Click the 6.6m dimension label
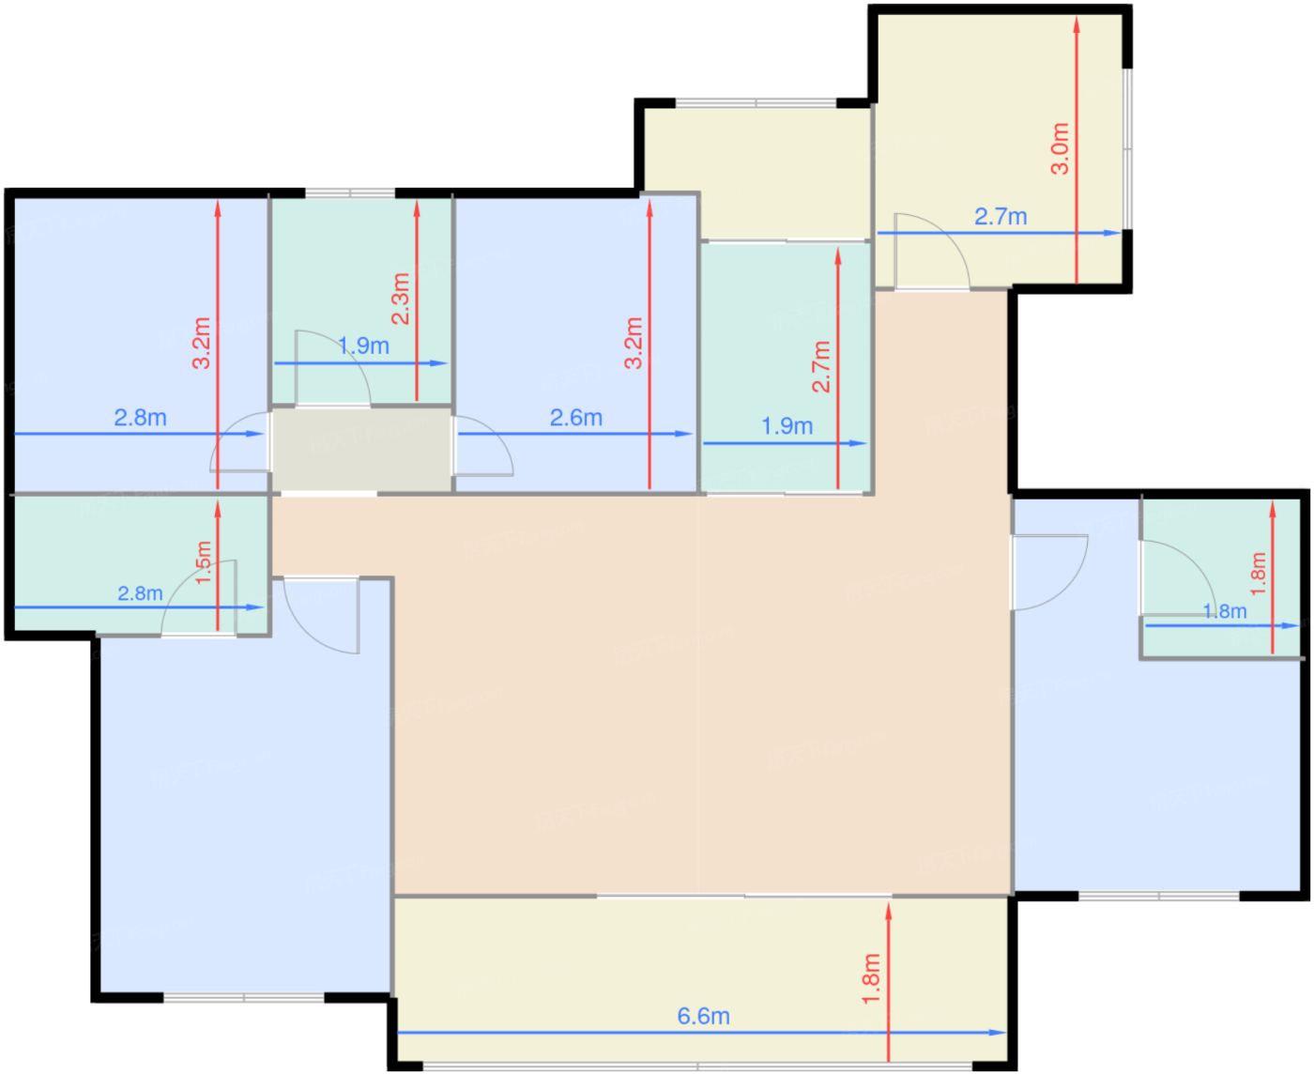pos(703,1017)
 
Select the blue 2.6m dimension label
pos(575,418)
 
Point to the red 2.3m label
pos(401,299)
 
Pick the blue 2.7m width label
pos(1001,217)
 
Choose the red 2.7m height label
pos(821,366)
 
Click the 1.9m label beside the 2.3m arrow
pos(363,346)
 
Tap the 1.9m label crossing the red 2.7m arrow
pos(787,426)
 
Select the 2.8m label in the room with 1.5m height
pos(140,594)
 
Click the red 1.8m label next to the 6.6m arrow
pos(872,979)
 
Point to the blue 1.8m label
pos(1225,611)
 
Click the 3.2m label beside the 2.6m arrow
pos(633,343)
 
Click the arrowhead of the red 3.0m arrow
pos(1077,25)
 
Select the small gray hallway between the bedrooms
pos(362,450)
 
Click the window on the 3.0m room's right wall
pos(1127,149)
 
